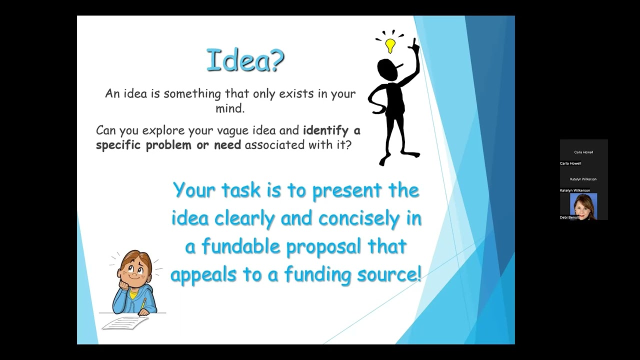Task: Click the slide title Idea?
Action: pyautogui.click(x=245, y=60)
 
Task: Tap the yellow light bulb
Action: pyautogui.click(x=390, y=45)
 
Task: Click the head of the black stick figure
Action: pyautogui.click(x=387, y=70)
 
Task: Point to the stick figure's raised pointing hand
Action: pyautogui.click(x=414, y=45)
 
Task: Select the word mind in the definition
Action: pyautogui.click(x=230, y=108)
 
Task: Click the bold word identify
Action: pyautogui.click(x=325, y=130)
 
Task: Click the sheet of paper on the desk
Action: pyautogui.click(x=125, y=322)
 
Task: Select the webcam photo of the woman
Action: pyautogui.click(x=583, y=206)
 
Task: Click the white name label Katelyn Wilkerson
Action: pyautogui.click(x=575, y=190)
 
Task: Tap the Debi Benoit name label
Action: pyautogui.click(x=569, y=217)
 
